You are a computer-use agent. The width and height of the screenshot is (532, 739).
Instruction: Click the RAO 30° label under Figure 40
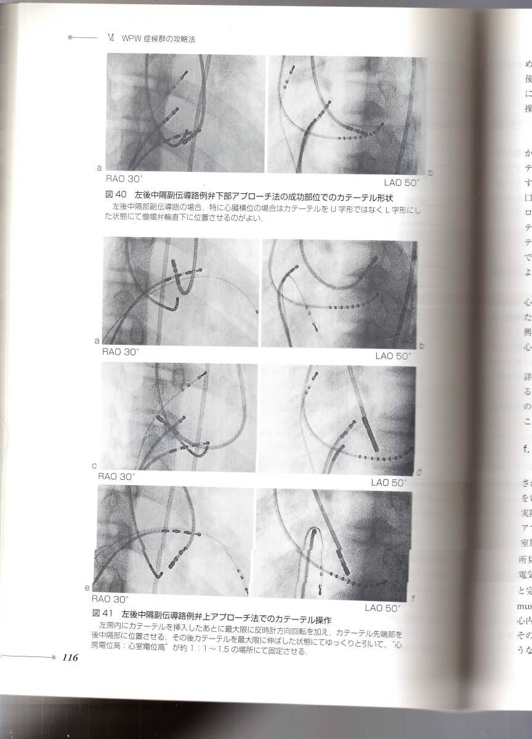coord(124,179)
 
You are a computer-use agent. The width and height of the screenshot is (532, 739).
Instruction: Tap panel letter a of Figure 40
coord(99,167)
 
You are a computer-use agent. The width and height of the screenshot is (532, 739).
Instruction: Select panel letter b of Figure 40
coord(430,173)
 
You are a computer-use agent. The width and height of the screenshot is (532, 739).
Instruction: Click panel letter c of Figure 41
coord(94,466)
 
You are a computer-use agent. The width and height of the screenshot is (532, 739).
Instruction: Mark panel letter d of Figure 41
coord(419,472)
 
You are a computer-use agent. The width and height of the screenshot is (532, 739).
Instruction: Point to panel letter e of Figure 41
coord(88,588)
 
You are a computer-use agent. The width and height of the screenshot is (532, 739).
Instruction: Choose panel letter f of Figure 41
coord(413,597)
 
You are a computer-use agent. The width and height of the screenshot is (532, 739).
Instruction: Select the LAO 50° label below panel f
coord(382,608)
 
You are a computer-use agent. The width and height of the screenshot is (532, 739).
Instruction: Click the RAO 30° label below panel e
coord(110,598)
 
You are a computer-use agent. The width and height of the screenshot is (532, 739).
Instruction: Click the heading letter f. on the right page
coord(526,447)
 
